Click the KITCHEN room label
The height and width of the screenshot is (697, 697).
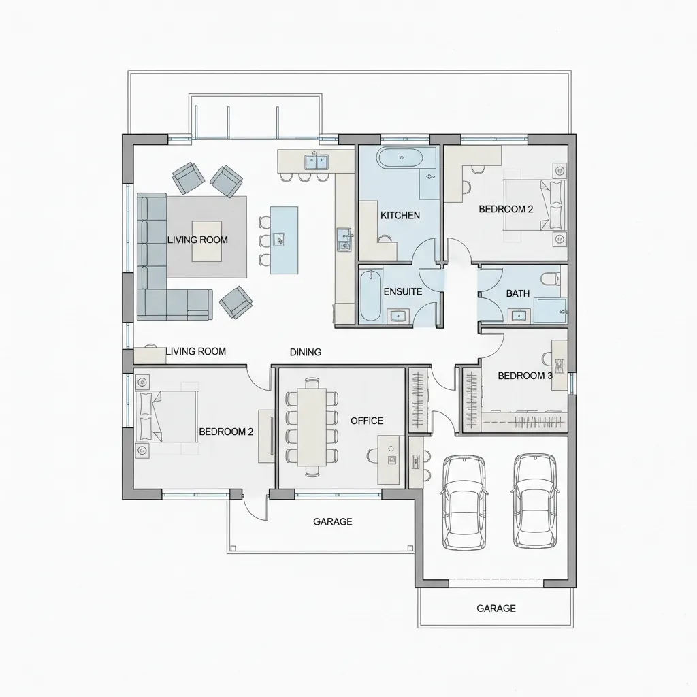(x=400, y=216)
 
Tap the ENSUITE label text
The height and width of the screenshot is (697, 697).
(x=403, y=291)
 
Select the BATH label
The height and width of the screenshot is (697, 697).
(x=518, y=293)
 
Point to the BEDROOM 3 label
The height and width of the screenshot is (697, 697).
(x=525, y=376)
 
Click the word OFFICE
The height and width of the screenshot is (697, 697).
(x=367, y=421)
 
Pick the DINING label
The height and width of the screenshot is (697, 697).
(x=306, y=352)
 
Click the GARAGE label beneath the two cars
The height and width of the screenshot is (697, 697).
(x=496, y=608)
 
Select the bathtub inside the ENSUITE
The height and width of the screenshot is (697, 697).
(x=371, y=295)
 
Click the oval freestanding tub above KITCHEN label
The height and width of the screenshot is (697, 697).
(x=402, y=158)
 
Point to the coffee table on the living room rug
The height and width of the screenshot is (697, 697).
(x=207, y=242)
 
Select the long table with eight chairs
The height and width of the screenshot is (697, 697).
(x=312, y=427)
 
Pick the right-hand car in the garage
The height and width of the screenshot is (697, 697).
(x=535, y=501)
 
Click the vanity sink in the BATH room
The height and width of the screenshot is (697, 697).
(x=519, y=316)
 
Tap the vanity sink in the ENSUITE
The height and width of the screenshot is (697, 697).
(x=398, y=316)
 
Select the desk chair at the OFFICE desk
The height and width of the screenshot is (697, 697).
(x=373, y=455)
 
